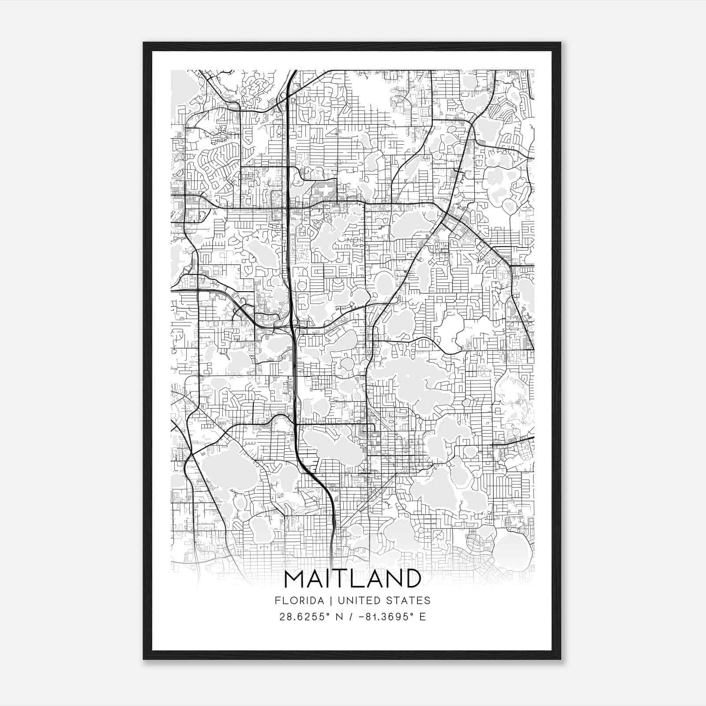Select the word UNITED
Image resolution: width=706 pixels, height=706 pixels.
pos(348,600)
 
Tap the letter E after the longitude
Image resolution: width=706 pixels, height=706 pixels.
pos(423,616)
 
